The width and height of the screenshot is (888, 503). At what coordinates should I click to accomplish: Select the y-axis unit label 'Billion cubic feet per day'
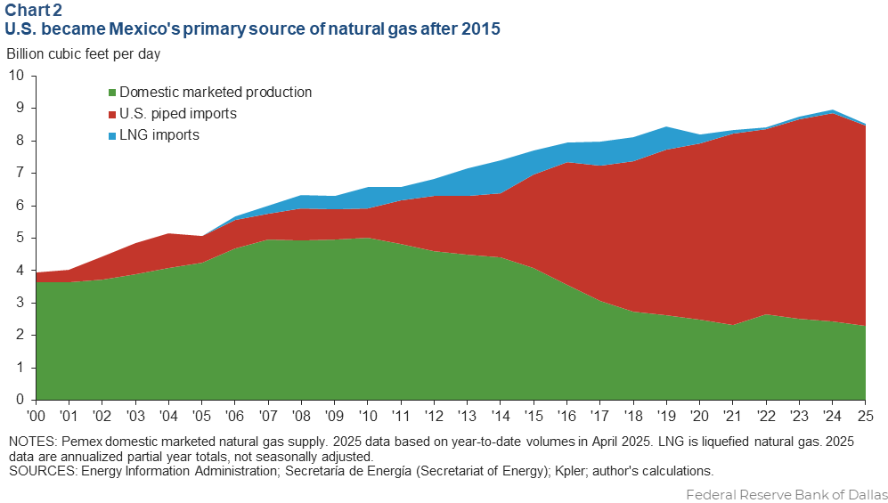(x=84, y=53)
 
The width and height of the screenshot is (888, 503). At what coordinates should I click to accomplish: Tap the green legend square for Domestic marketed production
(x=111, y=93)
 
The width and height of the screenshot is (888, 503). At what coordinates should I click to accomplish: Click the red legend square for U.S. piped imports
(x=111, y=114)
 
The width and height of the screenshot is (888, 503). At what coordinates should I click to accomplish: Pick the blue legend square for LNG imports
(x=111, y=136)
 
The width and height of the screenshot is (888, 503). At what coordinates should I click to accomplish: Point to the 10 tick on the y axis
(x=17, y=76)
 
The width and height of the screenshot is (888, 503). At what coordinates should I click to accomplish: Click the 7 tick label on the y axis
(x=20, y=173)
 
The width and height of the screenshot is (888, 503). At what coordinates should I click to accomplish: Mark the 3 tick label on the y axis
(x=20, y=303)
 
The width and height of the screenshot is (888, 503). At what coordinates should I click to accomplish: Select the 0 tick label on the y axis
(x=20, y=401)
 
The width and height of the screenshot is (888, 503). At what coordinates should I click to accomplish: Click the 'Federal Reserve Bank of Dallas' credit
(x=786, y=493)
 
